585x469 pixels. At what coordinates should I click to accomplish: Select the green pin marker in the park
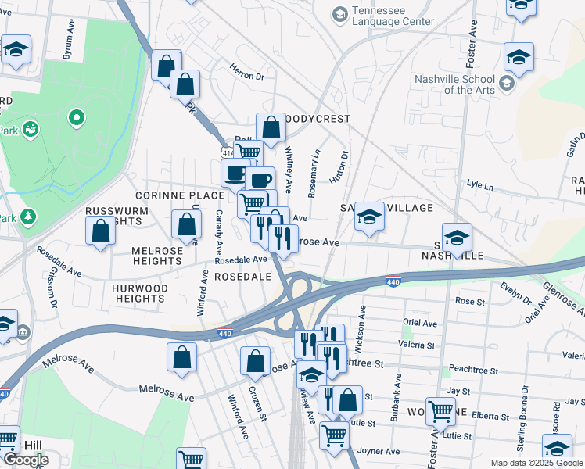[76, 119]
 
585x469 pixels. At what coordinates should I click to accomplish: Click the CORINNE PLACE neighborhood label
[179, 195]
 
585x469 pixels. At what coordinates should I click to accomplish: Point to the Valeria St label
[418, 345]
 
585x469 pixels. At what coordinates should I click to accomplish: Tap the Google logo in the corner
[25, 460]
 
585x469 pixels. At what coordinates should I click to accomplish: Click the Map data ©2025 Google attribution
[536, 463]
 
